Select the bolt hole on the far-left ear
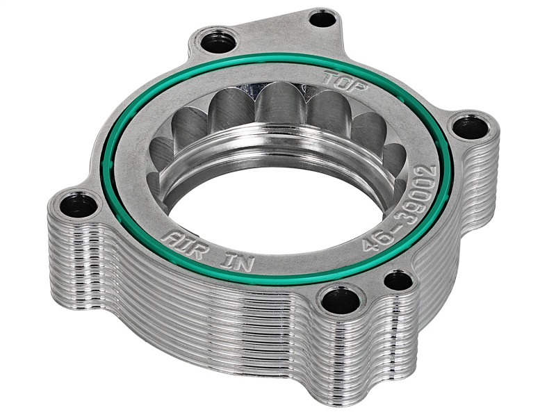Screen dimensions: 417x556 72,204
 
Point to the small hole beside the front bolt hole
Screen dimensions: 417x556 398,281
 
